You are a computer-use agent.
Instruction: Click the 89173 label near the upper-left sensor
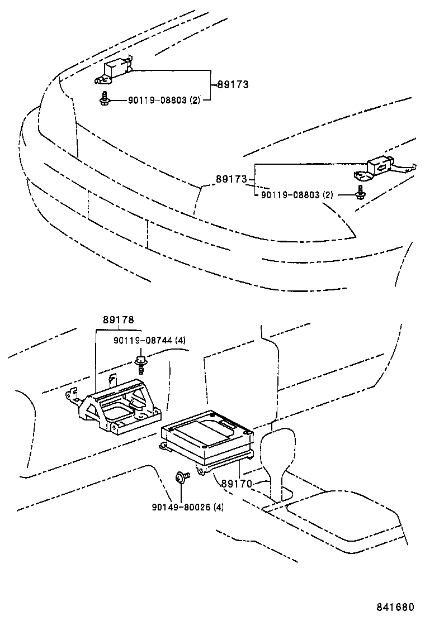(x=232, y=85)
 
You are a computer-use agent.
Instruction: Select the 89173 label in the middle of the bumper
(x=232, y=179)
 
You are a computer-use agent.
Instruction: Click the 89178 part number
(x=118, y=320)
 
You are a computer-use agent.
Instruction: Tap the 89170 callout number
(x=236, y=484)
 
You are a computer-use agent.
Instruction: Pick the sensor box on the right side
(x=381, y=166)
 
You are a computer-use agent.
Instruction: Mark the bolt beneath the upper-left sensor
(x=103, y=98)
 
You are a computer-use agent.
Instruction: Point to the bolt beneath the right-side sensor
(x=360, y=192)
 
